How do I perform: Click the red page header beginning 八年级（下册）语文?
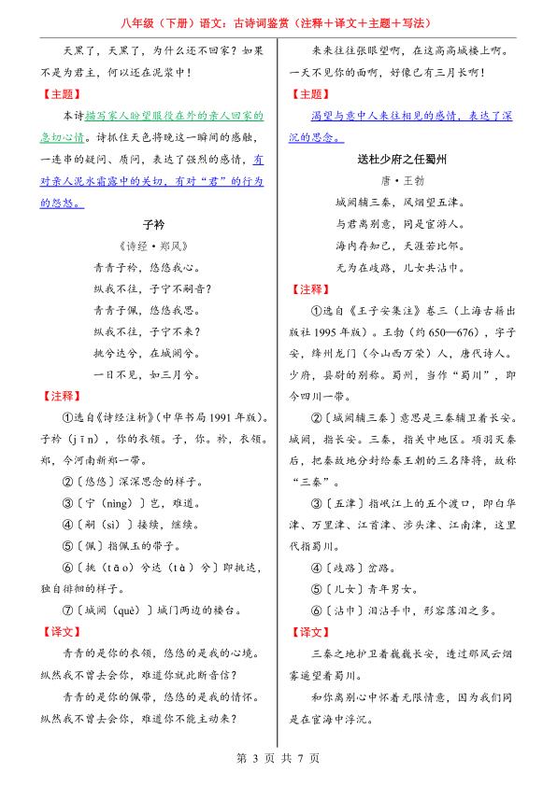pyautogui.click(x=278, y=21)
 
